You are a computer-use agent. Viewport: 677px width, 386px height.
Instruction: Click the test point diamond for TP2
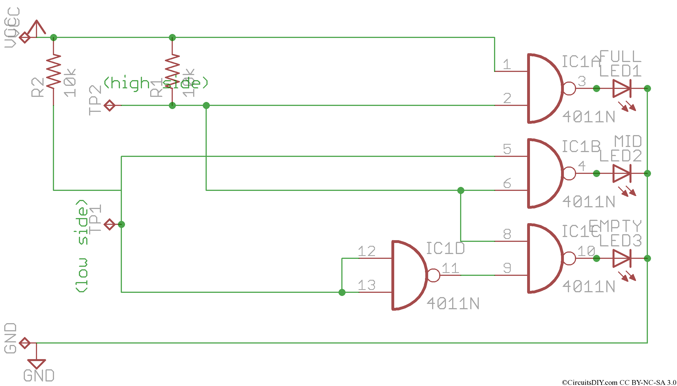coord(109,105)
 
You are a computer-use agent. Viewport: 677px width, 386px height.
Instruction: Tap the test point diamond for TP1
coord(109,224)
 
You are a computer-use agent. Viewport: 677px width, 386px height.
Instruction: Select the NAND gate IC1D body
coord(407,275)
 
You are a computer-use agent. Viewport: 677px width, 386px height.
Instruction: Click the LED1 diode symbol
coord(621,88)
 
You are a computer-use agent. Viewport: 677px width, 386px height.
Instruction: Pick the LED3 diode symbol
coord(621,258)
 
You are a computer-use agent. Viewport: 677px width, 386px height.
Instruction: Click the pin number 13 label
coord(366,285)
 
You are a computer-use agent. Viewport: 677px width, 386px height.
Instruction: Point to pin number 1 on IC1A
coord(507,64)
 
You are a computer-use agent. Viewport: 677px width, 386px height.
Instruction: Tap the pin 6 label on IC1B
coord(507,183)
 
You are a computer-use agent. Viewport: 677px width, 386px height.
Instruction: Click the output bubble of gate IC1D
coord(434,275)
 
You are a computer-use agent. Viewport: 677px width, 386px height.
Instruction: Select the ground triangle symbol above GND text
coord(36,363)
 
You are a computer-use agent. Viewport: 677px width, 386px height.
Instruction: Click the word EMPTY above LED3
coord(615,226)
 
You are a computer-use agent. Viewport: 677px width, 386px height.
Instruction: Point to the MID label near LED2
coord(628,141)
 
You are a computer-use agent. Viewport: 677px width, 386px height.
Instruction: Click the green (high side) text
coord(156,83)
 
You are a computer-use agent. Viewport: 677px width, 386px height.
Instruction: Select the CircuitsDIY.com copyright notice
coord(619,382)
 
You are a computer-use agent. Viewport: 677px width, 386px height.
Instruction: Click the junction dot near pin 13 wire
coord(342,292)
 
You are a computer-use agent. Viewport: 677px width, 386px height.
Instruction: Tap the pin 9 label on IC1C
coord(507,268)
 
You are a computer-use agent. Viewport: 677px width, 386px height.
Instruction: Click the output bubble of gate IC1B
coord(569,173)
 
